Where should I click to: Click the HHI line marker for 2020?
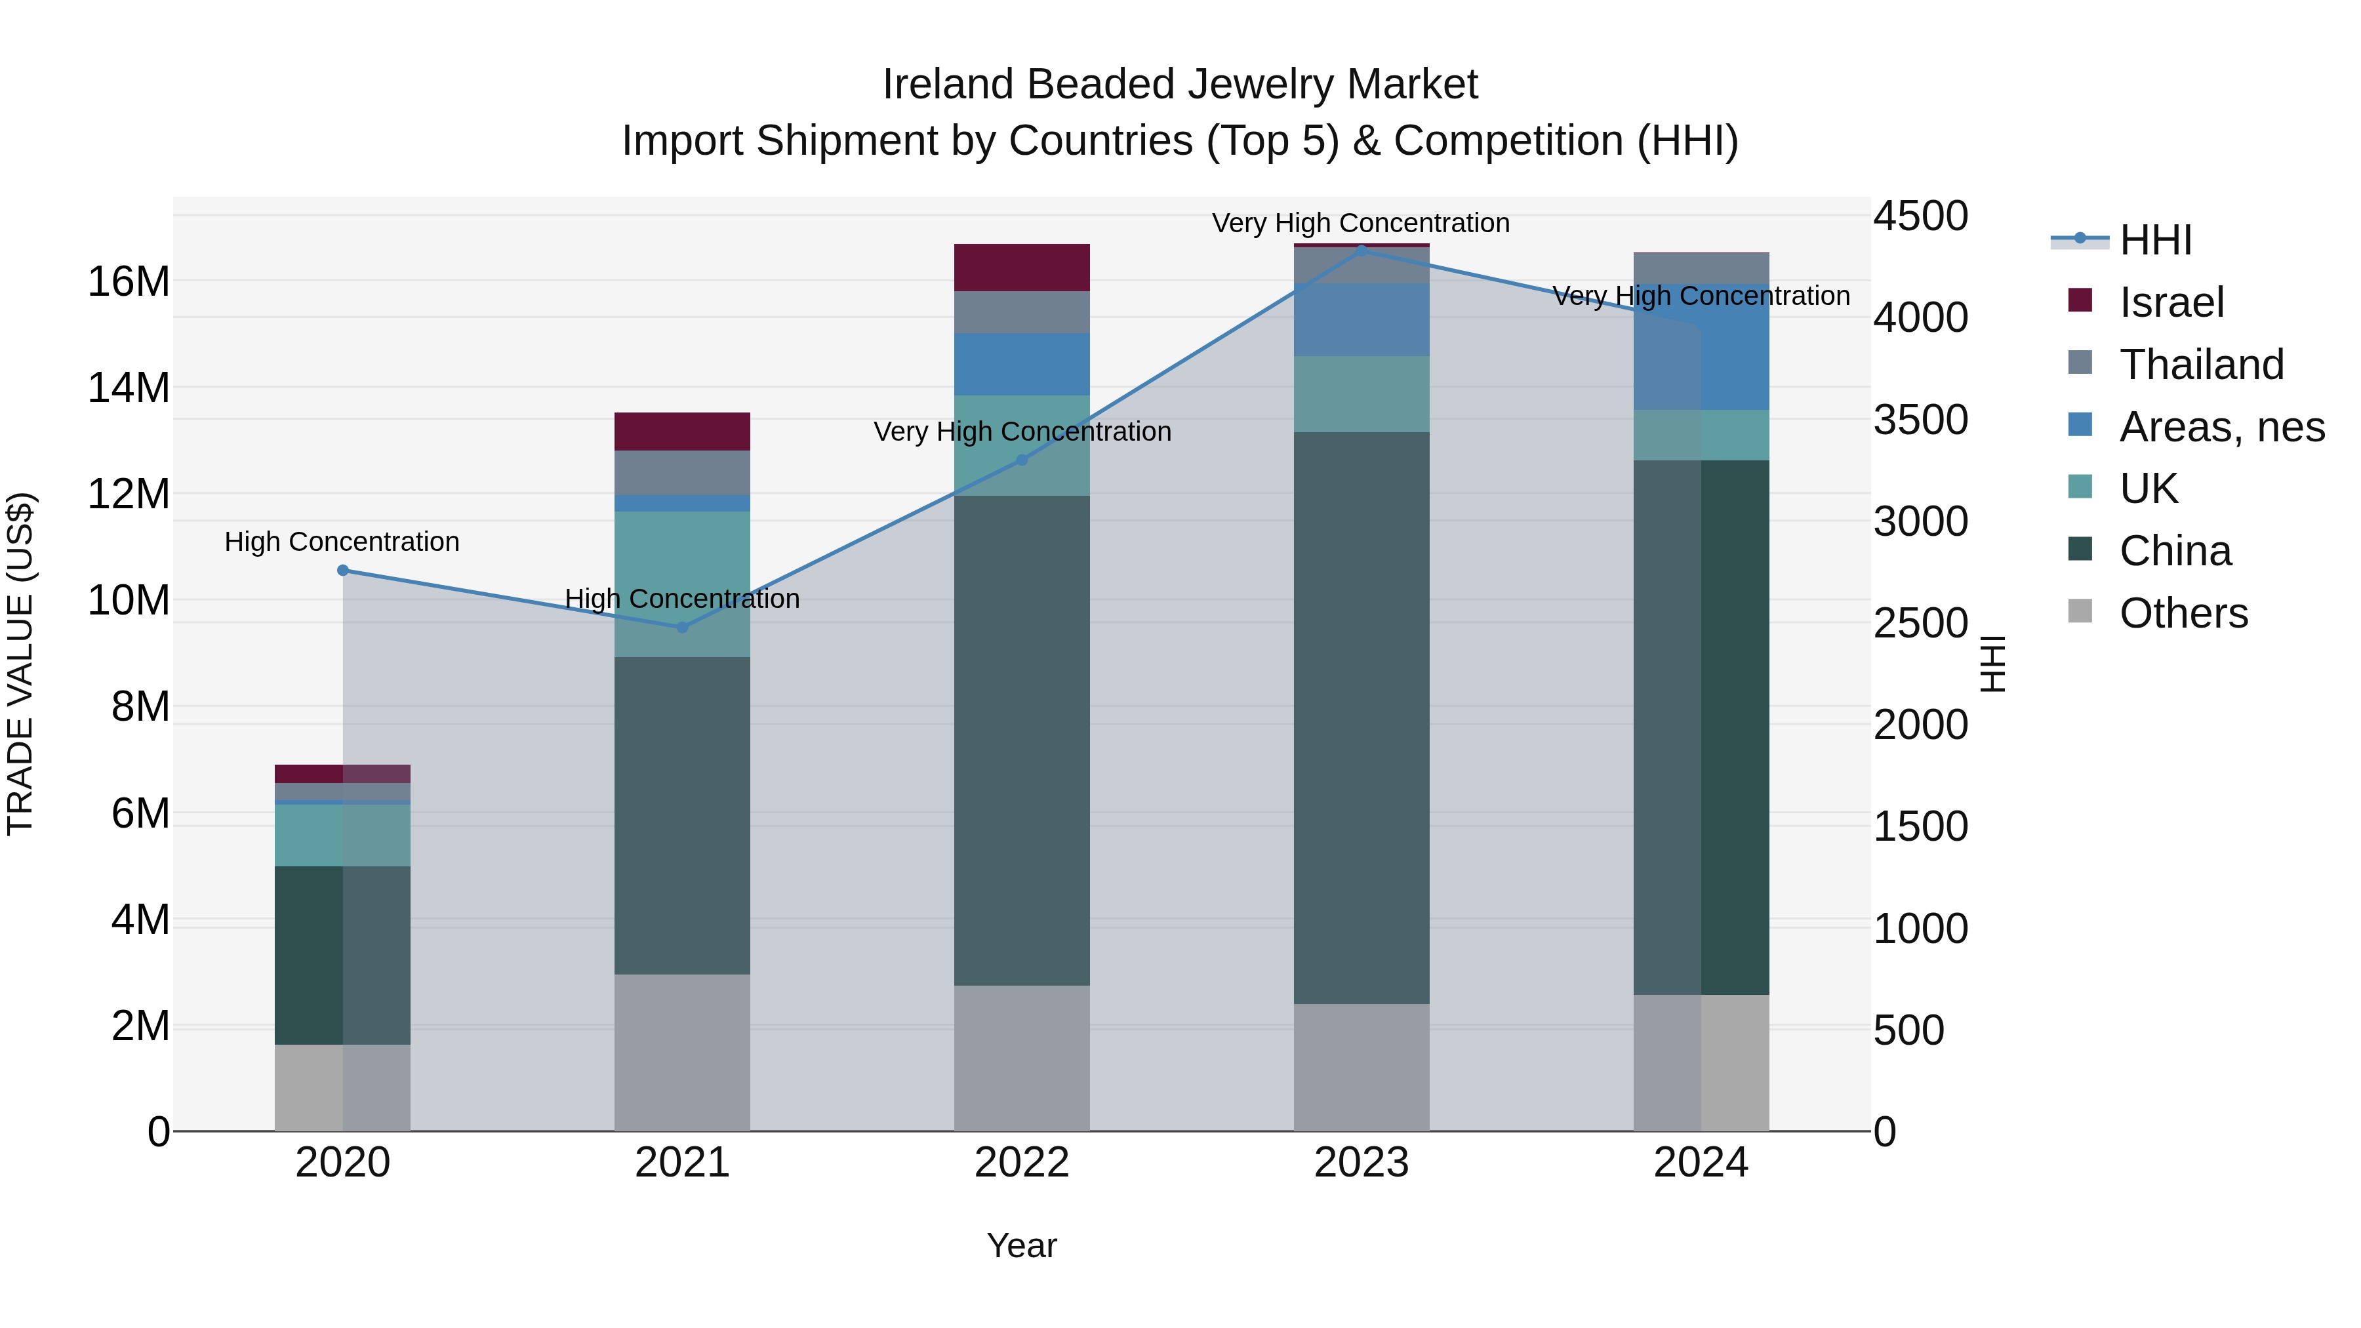343,570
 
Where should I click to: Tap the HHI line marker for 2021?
682,628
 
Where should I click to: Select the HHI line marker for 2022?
1022,460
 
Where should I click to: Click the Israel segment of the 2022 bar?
1022,268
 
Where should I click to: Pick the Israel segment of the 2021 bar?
682,431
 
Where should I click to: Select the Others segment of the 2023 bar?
1361,1067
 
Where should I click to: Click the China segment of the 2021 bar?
682,816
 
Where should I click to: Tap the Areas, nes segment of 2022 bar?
1022,364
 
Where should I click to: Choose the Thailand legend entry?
2200,365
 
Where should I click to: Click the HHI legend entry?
2154,240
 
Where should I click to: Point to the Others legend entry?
2182,613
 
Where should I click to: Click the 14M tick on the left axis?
129,388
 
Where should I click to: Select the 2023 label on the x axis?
1361,1163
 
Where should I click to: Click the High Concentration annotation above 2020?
342,542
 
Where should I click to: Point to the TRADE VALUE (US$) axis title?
20,664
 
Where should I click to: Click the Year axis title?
1022,1245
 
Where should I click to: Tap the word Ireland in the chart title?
948,85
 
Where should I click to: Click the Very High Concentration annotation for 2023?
1361,223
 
